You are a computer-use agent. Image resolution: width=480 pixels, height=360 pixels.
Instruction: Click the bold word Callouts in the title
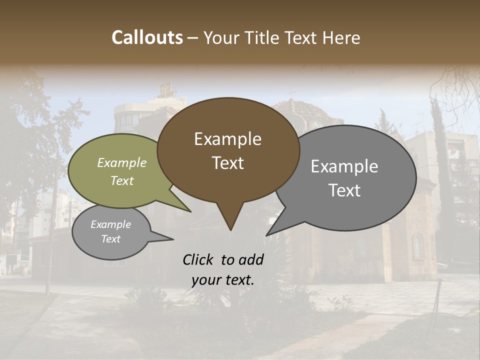tap(147, 37)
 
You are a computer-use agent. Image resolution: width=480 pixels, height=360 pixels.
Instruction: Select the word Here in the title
tap(342, 37)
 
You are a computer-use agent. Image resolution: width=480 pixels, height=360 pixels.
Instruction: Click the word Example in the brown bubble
tap(227, 139)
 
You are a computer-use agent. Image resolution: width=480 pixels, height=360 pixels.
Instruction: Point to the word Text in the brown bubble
tap(227, 163)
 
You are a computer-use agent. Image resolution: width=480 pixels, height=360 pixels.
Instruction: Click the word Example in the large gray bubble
tap(344, 166)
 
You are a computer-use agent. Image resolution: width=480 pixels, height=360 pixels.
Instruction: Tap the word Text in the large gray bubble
tap(344, 190)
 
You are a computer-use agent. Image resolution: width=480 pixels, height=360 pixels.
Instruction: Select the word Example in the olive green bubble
tap(121, 162)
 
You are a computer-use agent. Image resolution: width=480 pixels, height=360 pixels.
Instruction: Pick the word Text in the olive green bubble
tap(121, 180)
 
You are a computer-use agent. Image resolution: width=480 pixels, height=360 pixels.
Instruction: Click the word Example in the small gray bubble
tap(110, 224)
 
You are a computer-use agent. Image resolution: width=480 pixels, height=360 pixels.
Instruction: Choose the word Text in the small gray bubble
tap(110, 239)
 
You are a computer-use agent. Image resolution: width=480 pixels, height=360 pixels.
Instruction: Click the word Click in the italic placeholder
tap(199, 259)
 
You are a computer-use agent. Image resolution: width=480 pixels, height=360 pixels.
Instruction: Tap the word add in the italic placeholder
tap(251, 259)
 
